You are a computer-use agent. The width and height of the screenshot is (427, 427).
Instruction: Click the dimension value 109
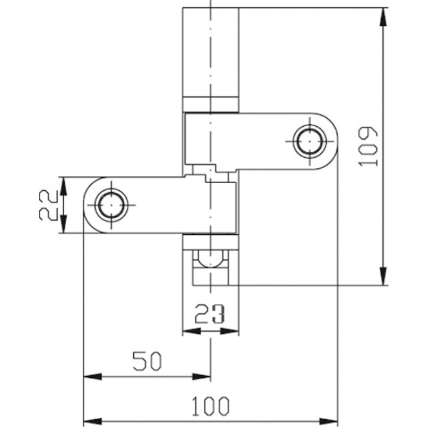(368, 146)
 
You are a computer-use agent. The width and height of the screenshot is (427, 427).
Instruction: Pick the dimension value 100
(211, 406)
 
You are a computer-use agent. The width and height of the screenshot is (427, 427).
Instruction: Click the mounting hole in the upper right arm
(309, 142)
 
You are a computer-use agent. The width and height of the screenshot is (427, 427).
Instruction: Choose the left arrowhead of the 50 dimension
(91, 375)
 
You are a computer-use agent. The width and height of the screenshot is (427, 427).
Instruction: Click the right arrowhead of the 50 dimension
(204, 375)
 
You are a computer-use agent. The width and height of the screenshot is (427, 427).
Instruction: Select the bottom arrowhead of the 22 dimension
(63, 226)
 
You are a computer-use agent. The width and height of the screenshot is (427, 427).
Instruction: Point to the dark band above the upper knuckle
(211, 104)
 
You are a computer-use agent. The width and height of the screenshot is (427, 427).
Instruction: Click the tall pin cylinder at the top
(211, 52)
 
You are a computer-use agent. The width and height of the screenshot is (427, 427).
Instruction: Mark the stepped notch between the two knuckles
(211, 172)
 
